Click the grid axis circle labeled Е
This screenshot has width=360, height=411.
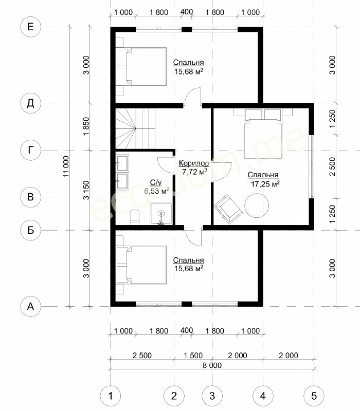(30, 27)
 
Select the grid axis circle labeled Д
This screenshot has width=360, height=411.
(30, 103)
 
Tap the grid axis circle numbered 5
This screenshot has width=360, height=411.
(314, 396)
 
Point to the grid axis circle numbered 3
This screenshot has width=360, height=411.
(212, 396)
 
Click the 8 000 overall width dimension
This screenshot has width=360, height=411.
(212, 365)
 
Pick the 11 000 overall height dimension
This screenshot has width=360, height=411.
(66, 166)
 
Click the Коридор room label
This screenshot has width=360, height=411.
(194, 163)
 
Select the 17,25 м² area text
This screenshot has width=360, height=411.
(265, 184)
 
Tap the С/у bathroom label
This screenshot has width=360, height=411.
(156, 182)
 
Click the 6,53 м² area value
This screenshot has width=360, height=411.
(156, 191)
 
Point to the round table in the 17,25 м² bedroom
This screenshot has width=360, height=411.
(257, 206)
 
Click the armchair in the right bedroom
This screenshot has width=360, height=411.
(228, 209)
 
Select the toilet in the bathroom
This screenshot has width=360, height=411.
(135, 217)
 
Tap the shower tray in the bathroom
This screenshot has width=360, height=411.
(161, 214)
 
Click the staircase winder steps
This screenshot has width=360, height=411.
(125, 128)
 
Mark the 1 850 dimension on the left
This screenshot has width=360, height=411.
(86, 126)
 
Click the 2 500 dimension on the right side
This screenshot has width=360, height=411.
(332, 166)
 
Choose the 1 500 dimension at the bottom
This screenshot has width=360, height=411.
(193, 356)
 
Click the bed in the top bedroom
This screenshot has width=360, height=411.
(141, 66)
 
